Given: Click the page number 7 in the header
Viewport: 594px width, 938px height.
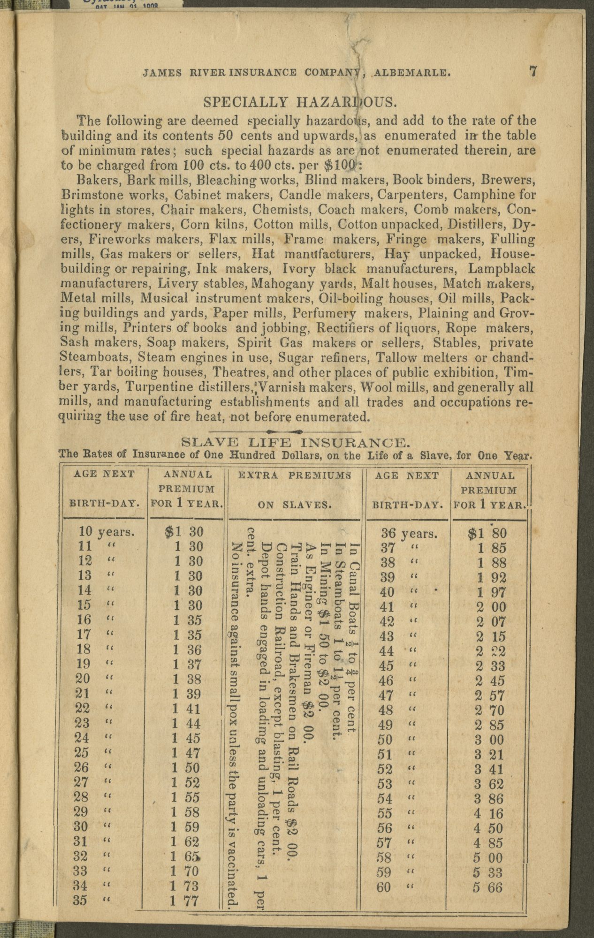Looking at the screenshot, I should point(533,72).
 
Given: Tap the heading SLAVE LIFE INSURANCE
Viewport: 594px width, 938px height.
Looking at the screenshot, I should point(293,442).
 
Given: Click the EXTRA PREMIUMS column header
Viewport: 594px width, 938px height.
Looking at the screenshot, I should point(295,475).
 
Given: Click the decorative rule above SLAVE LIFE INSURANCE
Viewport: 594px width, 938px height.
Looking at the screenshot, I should point(284,431).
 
